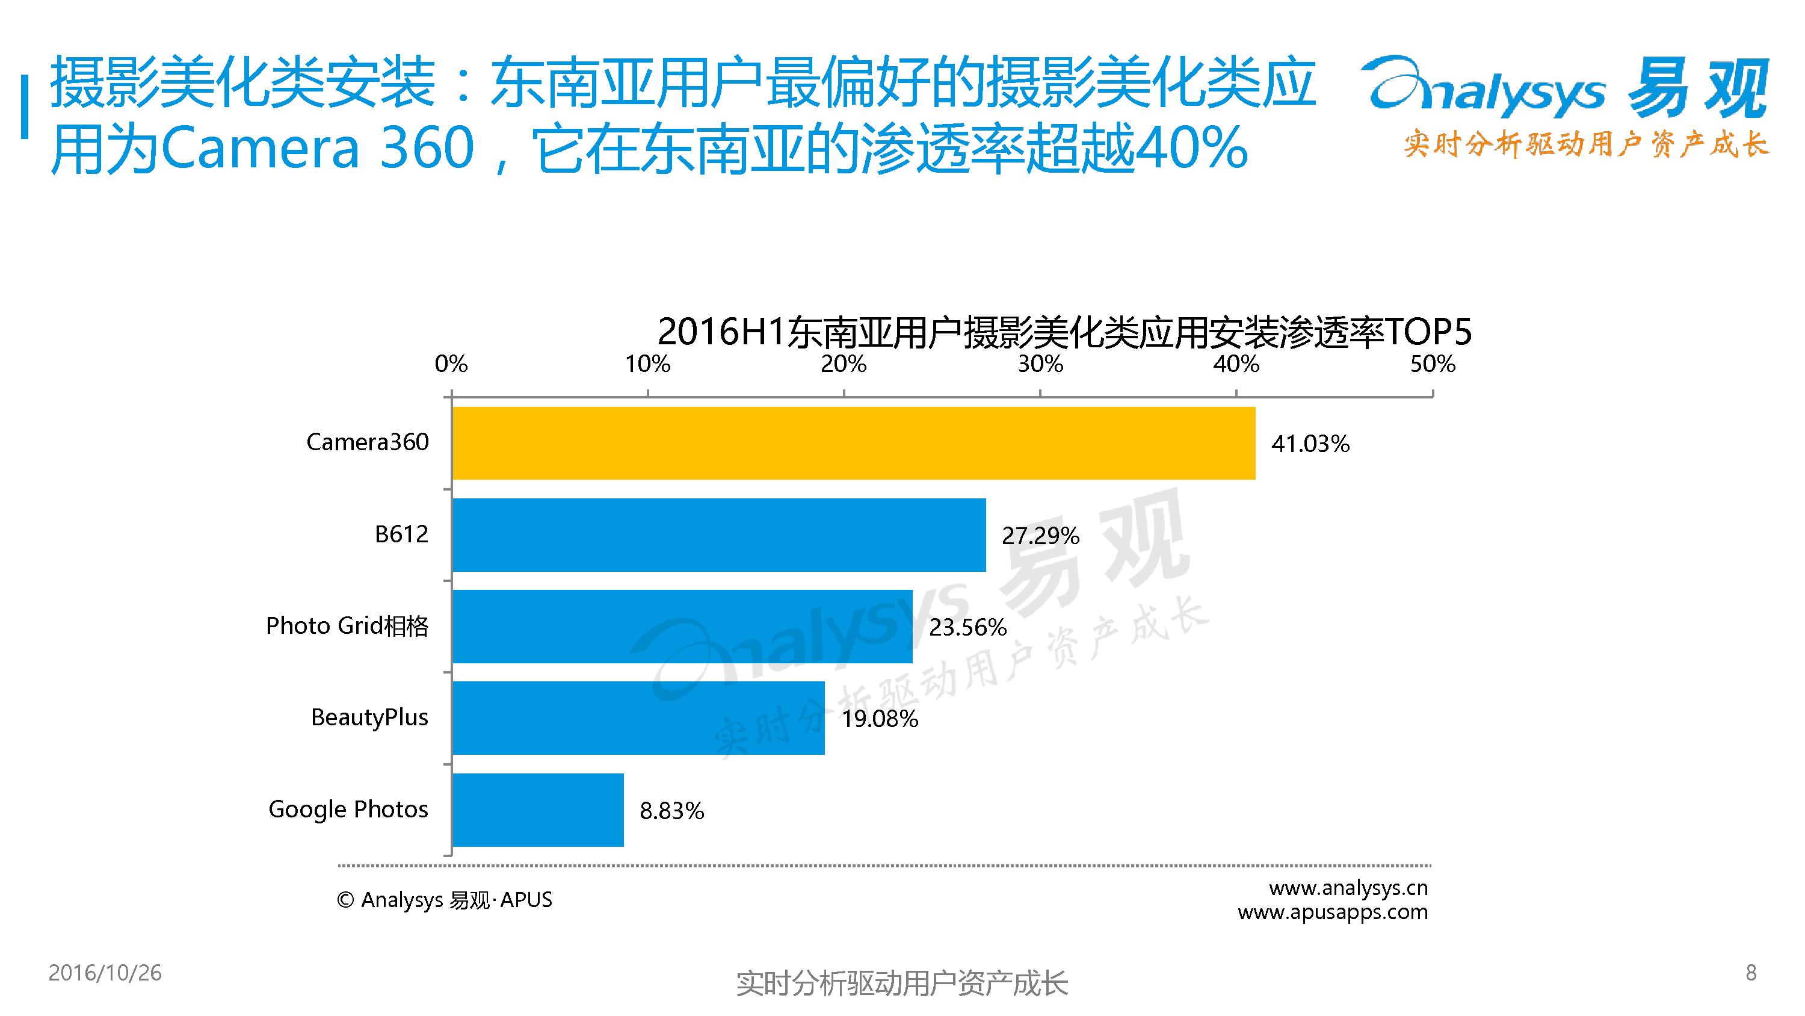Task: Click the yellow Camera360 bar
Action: coord(853,443)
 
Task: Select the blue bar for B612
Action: coord(718,535)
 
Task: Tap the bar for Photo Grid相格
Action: coord(682,626)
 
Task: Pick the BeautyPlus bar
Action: coord(638,718)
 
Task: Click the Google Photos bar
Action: coord(537,810)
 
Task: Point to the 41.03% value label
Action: coord(1310,444)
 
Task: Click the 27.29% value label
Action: coord(1040,536)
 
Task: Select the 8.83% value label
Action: coord(671,811)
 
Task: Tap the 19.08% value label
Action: coord(880,719)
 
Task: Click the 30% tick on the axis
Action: coord(1040,364)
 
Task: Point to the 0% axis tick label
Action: coord(451,364)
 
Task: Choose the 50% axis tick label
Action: coord(1432,364)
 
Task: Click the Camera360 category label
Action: coord(367,442)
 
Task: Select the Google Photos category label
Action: coord(348,809)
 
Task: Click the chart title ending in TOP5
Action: coord(1064,332)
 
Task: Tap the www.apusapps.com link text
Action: coord(1332,912)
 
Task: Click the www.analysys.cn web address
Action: coord(1348,888)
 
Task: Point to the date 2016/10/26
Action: coord(105,973)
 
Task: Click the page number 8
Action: coord(1750,973)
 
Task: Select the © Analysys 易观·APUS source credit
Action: coord(444,900)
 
